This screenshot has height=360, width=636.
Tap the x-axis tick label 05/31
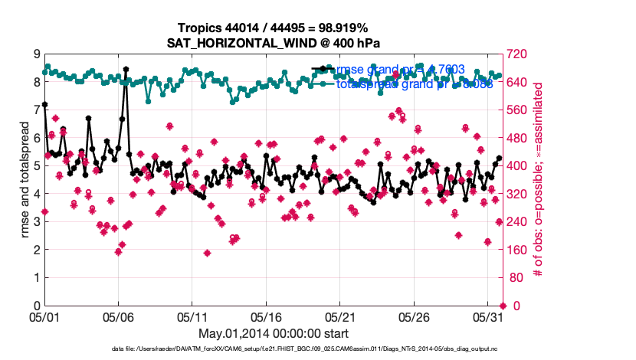pyautogui.click(x=488, y=316)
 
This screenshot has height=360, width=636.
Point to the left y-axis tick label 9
pyautogui.click(x=37, y=54)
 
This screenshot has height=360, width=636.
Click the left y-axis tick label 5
pyautogui.click(x=37, y=166)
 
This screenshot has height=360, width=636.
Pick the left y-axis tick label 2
pyautogui.click(x=37, y=250)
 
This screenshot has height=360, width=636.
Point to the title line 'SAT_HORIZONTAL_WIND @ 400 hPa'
pyautogui.click(x=274, y=43)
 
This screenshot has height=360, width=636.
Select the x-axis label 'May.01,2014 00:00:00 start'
pyautogui.click(x=274, y=333)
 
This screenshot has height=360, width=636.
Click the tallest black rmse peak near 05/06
pyautogui.click(x=126, y=69)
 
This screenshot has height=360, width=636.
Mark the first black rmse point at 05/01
pyautogui.click(x=45, y=104)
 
